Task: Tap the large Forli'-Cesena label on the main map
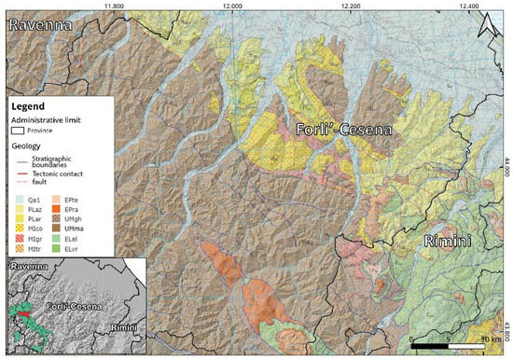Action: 344,130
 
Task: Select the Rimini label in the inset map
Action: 123,328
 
